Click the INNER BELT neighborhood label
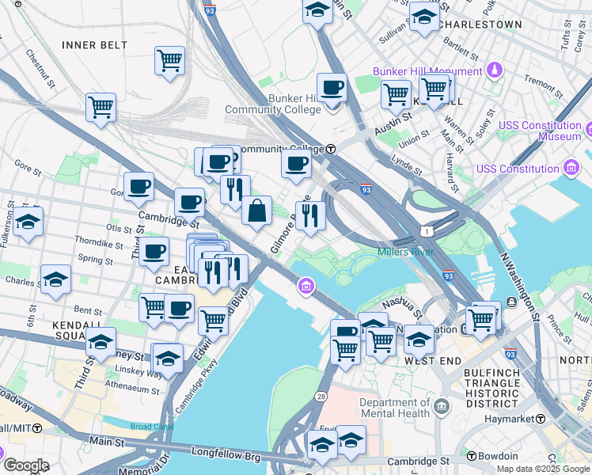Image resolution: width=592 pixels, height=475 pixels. point(94,45)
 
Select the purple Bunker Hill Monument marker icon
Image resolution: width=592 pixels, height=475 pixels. point(495,70)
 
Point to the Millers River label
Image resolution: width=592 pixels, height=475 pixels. point(406,252)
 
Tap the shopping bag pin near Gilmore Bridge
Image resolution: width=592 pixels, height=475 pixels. point(256,211)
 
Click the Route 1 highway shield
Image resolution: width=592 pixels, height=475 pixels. point(427,230)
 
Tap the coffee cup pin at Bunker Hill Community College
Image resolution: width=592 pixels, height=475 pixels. point(332,88)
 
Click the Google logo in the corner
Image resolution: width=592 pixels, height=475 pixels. point(26,465)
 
